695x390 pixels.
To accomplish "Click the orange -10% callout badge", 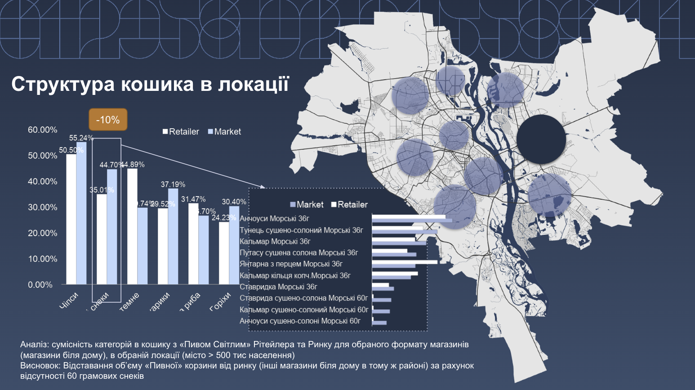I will [108, 120].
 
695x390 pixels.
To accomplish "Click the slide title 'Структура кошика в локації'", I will [150, 84].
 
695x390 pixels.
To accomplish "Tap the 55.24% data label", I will [81, 138].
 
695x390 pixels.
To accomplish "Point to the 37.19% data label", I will [173, 184].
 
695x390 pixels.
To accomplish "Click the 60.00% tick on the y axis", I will [43, 130].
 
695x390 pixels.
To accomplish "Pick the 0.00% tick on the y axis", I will [40, 285].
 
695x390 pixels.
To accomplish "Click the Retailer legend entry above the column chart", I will [181, 132].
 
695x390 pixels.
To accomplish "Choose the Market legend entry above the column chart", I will [224, 132].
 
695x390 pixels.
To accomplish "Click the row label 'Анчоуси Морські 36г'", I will [274, 219].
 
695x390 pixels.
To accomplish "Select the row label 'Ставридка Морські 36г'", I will [278, 287].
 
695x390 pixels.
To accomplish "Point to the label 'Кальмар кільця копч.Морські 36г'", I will [295, 275].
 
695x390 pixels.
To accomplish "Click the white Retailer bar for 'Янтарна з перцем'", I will [405, 262].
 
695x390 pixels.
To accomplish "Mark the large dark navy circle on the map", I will [541, 139].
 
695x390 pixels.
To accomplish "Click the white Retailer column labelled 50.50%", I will [71, 219].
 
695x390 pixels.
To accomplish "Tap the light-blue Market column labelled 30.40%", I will [234, 245].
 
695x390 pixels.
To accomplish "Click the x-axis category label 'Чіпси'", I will [69, 300].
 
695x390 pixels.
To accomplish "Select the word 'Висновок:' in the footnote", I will [40, 366].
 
